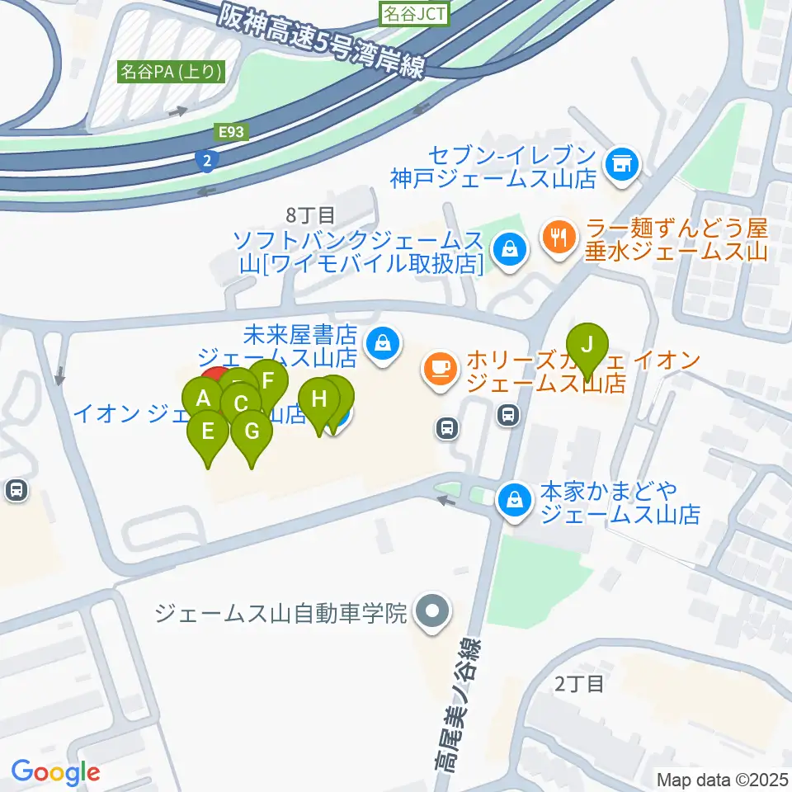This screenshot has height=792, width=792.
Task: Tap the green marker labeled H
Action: pos(319,402)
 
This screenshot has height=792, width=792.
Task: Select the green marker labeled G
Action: pos(252,433)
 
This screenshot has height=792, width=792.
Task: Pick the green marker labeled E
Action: pos(208,433)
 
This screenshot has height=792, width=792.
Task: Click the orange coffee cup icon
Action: pos(438,365)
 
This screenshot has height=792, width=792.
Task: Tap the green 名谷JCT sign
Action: pos(414,12)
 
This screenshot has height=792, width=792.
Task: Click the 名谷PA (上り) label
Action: pos(172,72)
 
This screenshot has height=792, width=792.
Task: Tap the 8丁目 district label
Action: pos(310,216)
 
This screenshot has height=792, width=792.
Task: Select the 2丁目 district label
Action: pos(579,683)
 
